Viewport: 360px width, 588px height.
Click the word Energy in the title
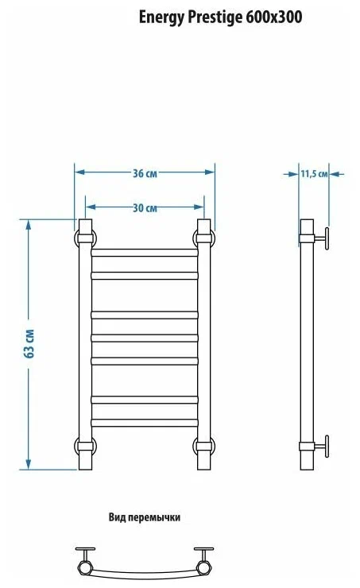(161, 17)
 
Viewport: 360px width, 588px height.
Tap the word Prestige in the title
(215, 17)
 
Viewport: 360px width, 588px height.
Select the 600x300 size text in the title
(274, 17)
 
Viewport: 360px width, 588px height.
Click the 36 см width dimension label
(145, 174)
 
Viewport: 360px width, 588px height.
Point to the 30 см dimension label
(145, 207)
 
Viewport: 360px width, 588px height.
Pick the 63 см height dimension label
(29, 343)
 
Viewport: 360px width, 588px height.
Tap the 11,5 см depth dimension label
(314, 174)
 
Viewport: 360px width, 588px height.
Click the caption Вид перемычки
(145, 517)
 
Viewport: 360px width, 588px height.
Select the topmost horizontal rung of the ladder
(145, 253)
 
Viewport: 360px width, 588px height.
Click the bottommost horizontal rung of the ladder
(145, 423)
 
